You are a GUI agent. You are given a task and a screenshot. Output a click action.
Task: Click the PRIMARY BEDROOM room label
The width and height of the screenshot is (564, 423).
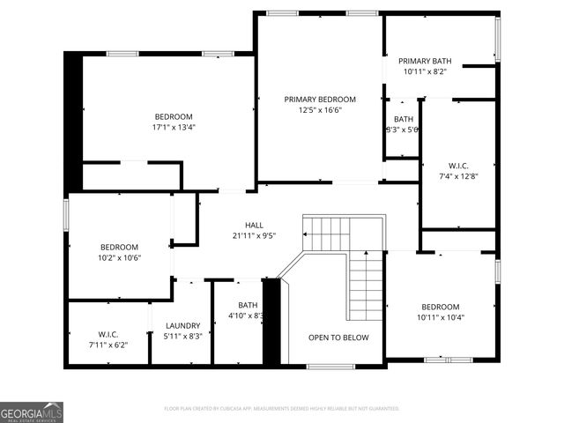click(x=319, y=100)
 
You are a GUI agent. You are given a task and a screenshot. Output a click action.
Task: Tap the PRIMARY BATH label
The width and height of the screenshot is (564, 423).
click(x=431, y=61)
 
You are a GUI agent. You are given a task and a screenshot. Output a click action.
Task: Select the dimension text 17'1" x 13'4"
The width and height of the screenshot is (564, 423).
click(x=173, y=127)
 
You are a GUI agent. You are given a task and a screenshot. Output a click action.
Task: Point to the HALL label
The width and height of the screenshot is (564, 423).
click(x=254, y=226)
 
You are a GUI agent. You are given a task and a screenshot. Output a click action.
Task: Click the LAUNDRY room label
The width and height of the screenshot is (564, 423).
click(x=183, y=325)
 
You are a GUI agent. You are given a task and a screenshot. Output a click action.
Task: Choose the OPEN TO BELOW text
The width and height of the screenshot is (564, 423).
click(x=338, y=338)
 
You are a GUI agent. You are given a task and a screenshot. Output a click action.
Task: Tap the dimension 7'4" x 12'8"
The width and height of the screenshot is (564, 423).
click(x=457, y=175)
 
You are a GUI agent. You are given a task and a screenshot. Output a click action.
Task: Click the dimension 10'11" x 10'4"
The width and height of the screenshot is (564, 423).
click(x=440, y=317)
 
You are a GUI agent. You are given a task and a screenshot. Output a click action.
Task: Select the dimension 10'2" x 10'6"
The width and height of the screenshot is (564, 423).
click(x=120, y=257)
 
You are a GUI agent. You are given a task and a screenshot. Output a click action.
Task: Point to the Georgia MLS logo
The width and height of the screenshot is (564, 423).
click(x=32, y=412)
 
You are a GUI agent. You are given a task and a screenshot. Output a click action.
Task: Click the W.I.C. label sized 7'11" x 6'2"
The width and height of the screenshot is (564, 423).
click(x=108, y=335)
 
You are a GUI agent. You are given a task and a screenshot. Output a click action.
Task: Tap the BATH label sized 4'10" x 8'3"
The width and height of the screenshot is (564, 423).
click(x=248, y=305)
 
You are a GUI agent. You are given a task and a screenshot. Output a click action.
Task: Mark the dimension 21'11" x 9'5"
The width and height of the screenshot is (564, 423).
click(x=254, y=236)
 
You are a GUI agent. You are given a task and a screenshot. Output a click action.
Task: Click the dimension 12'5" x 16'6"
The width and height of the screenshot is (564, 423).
click(x=319, y=110)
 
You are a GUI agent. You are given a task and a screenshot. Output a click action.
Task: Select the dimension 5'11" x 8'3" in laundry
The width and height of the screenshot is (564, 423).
click(x=183, y=336)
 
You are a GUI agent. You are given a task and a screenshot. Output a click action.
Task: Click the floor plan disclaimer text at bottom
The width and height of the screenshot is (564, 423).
click(x=282, y=409)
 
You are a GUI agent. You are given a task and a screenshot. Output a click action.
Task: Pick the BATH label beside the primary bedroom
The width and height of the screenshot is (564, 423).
click(x=404, y=119)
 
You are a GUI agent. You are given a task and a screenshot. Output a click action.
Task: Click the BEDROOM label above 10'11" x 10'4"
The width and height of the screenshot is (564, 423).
click(x=440, y=307)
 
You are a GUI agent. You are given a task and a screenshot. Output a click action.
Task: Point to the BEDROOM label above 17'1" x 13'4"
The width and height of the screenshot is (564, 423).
click(x=173, y=116)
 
